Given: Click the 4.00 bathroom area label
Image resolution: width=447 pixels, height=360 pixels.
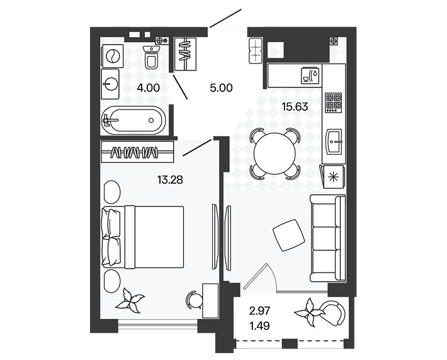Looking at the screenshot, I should coord(148,88).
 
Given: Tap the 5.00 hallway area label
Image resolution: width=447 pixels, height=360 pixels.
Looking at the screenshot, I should coord(222,88).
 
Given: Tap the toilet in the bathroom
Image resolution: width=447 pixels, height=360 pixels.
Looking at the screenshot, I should coord(152,57).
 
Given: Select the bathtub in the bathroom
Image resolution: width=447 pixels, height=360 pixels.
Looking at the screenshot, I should coord(133,120).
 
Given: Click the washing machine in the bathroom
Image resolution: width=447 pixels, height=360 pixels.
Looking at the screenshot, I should coord(111,56).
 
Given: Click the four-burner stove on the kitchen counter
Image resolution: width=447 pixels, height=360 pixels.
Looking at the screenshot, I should coord(333,103).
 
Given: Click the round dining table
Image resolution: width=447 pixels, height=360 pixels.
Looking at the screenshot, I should coord(274,154).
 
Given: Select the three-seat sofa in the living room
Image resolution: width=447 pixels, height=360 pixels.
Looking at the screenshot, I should coord(328,239).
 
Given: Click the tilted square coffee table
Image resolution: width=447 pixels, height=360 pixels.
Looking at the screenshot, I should coord(288,236).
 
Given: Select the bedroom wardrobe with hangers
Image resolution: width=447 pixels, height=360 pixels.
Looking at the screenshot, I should coord(137,151).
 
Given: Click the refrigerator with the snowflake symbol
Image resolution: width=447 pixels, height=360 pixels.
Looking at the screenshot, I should coord(333,176).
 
